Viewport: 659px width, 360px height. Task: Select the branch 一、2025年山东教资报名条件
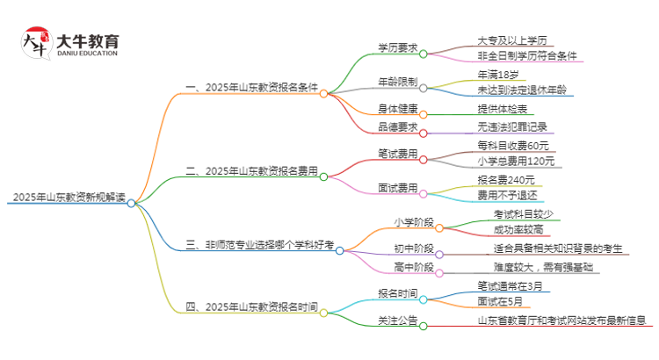click(x=251, y=90)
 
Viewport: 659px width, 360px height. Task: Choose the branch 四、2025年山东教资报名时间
click(x=251, y=307)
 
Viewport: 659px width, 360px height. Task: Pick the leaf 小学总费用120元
click(x=517, y=162)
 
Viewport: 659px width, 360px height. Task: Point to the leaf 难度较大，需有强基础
click(x=541, y=267)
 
